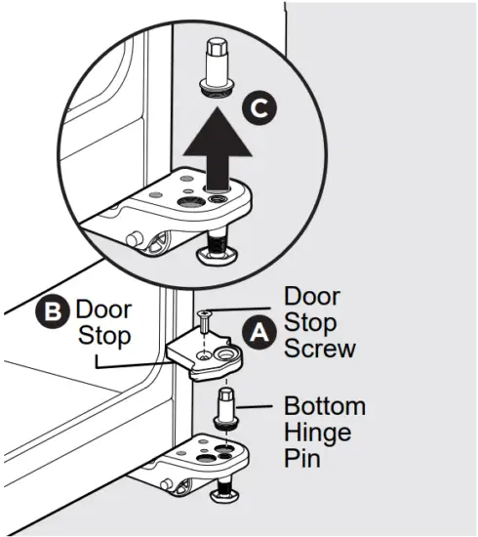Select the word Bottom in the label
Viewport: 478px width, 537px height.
pyautogui.click(x=325, y=406)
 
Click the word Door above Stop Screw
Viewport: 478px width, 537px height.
pyautogui.click(x=312, y=295)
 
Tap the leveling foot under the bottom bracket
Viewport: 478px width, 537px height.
pyautogui.click(x=227, y=496)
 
